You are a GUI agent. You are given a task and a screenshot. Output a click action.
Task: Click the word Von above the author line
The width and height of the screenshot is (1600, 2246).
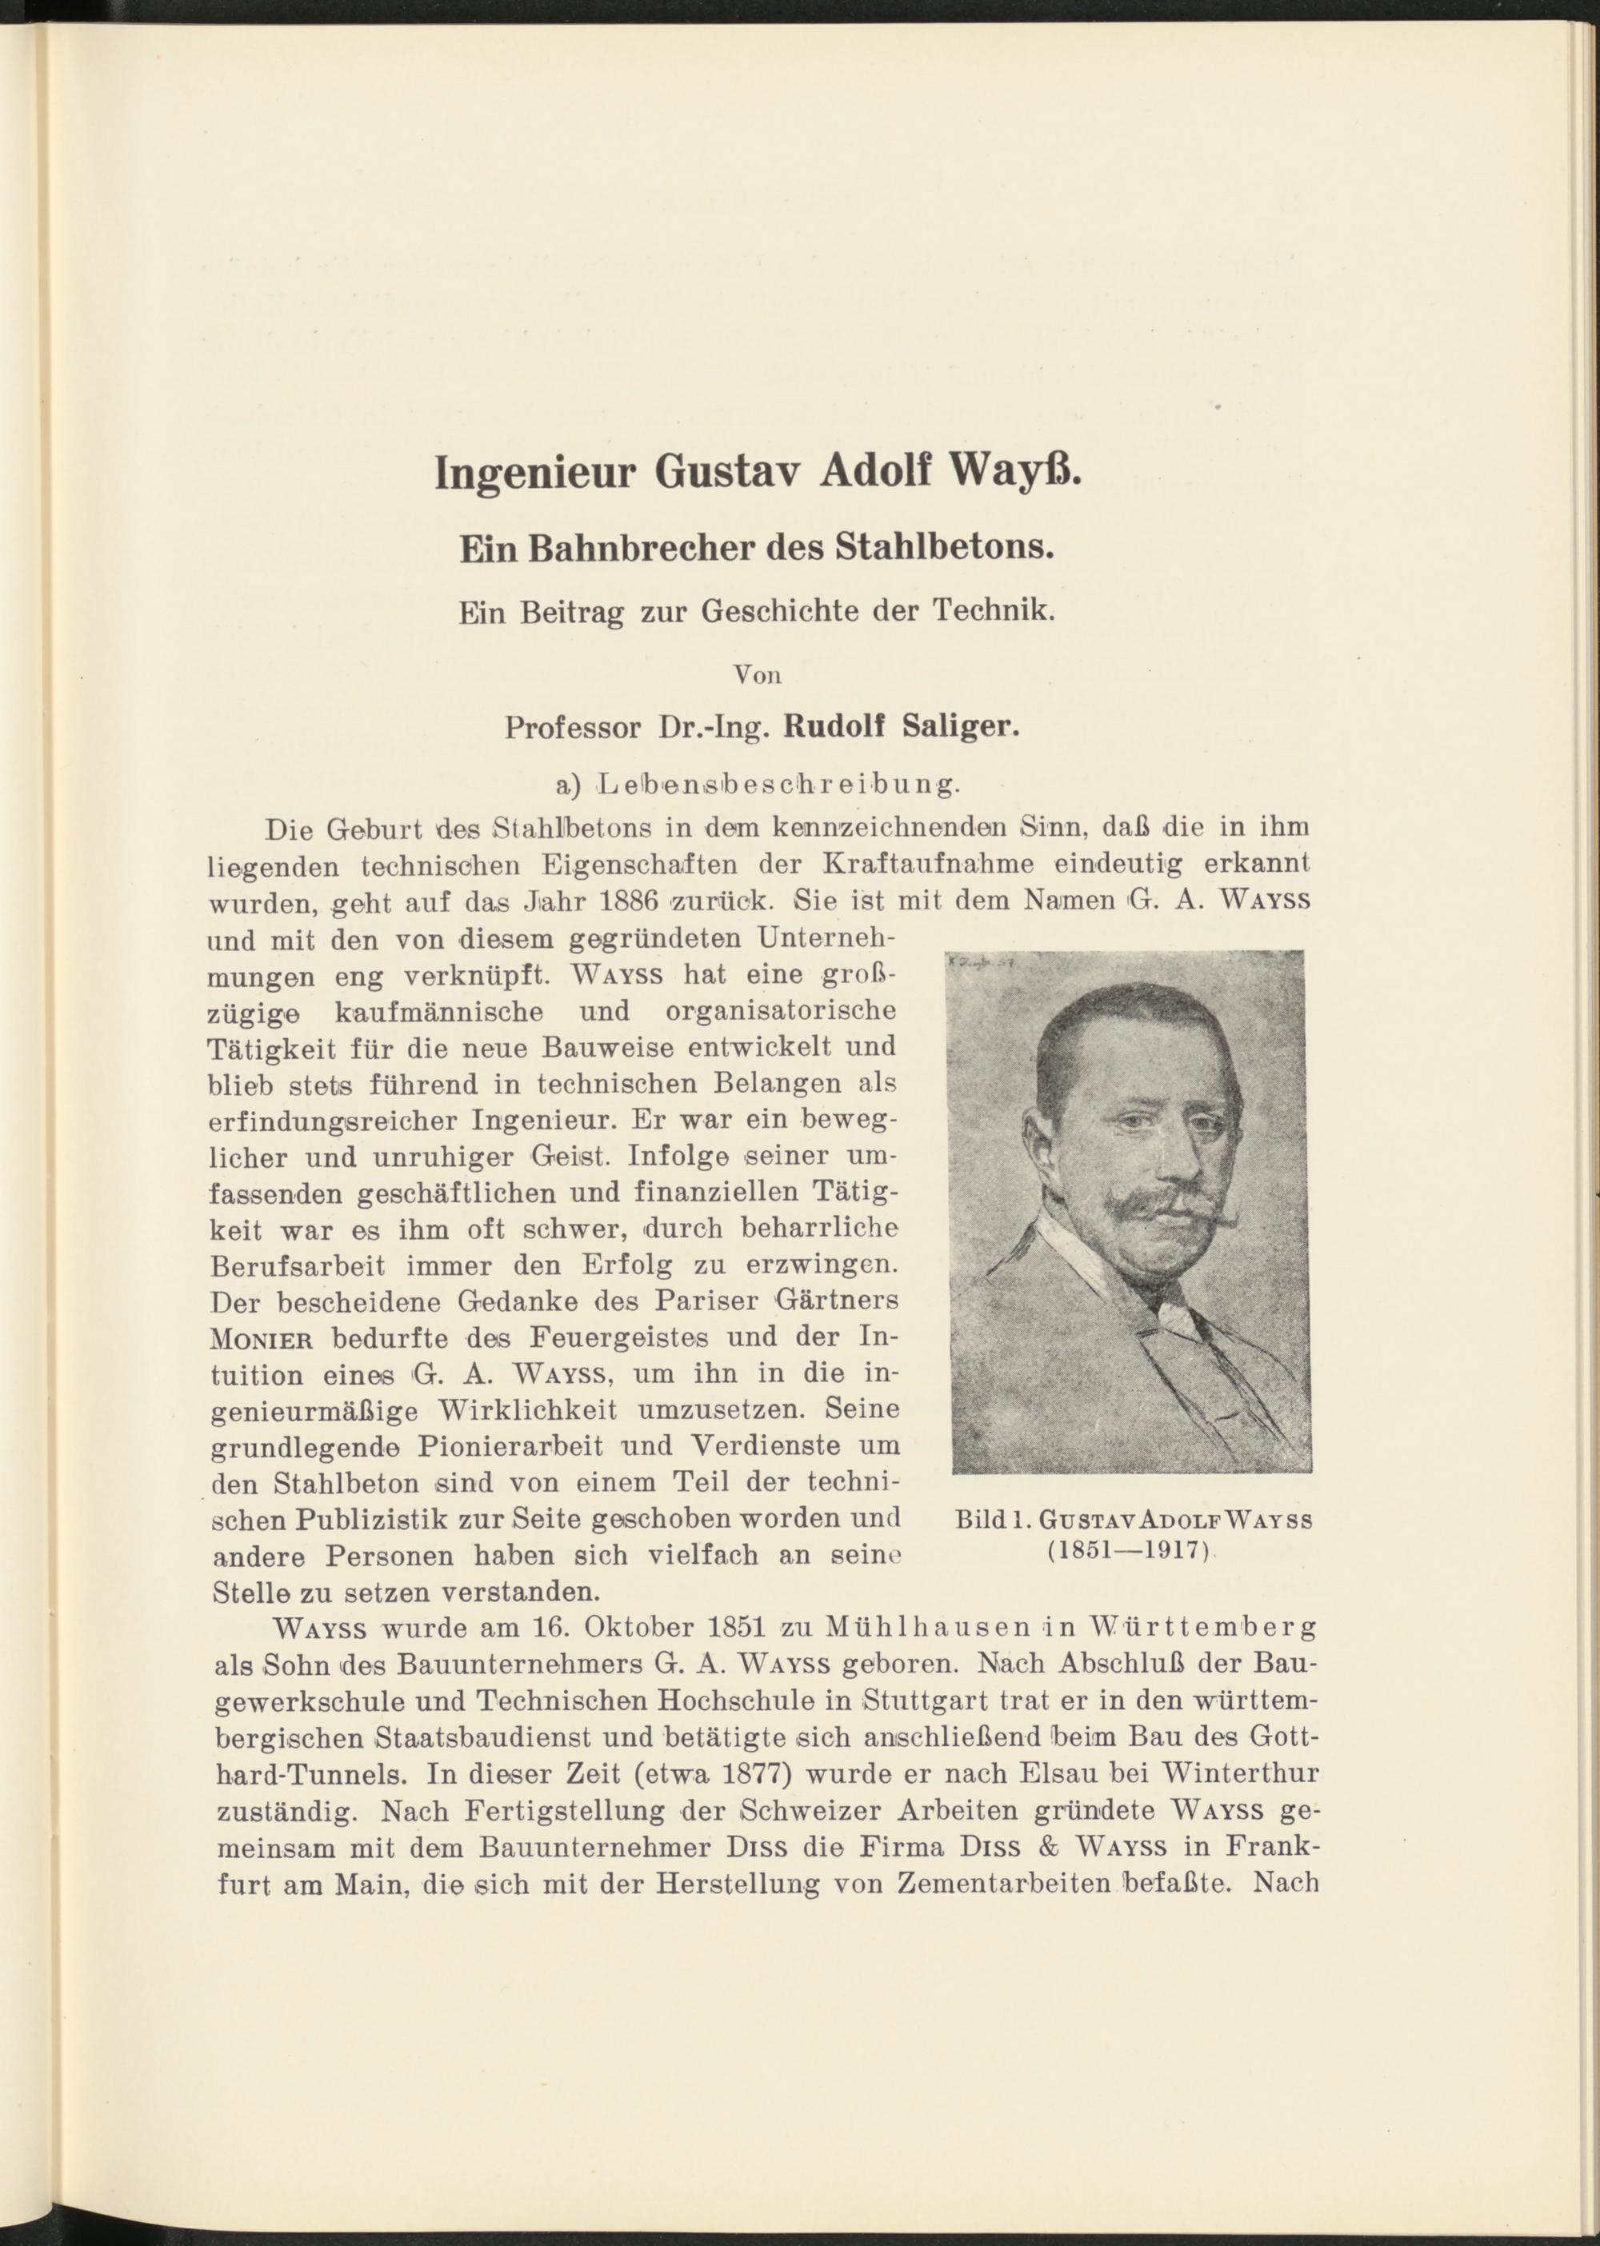pos(758,676)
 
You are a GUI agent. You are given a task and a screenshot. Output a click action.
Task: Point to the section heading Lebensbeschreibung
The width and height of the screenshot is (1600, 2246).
pos(778,785)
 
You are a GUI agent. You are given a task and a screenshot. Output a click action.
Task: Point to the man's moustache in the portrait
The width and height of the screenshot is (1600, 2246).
pos(1162,1205)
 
